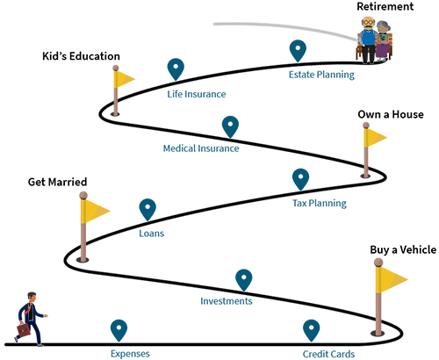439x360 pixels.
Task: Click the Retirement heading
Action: tap(385, 6)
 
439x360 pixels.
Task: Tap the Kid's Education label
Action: tap(81, 56)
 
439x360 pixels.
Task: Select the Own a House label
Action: tap(391, 114)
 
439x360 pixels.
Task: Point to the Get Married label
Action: tap(57, 182)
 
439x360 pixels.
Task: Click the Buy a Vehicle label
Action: tap(403, 249)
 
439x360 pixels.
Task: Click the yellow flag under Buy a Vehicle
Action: tap(392, 279)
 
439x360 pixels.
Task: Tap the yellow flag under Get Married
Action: tap(95, 211)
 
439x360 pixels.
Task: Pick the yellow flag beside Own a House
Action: tap(375, 138)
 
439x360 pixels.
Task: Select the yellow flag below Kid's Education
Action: tap(124, 79)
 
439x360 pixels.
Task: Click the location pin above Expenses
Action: tap(119, 330)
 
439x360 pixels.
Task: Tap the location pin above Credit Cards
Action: tap(312, 330)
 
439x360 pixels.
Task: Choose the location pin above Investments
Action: tap(244, 280)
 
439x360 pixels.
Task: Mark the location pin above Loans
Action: tap(148, 210)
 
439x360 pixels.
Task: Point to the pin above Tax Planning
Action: tap(300, 179)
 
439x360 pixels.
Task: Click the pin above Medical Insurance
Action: tap(230, 126)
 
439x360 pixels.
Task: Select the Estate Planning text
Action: tap(321, 75)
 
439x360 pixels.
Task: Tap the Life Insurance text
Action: tap(197, 94)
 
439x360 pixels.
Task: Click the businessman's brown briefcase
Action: tap(24, 330)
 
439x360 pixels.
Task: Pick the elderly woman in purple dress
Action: tap(383, 41)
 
